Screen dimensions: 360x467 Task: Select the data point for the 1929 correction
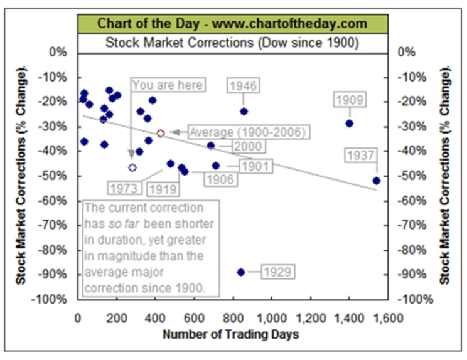[x=241, y=272]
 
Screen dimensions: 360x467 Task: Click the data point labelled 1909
[x=350, y=123]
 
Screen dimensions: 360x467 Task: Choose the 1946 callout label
[x=244, y=85]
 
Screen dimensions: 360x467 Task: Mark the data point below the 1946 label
[x=244, y=112]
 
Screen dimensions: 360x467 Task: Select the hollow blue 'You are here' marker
[x=132, y=167]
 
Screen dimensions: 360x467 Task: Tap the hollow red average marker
[x=161, y=133]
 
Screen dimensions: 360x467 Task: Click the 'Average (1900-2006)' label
[x=247, y=132]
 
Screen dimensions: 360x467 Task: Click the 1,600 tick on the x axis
[x=375, y=318]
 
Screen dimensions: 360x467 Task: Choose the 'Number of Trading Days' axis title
[x=230, y=334]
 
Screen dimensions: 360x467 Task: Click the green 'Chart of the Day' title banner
[x=232, y=24]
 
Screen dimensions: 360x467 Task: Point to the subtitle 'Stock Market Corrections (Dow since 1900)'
[x=232, y=43]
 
